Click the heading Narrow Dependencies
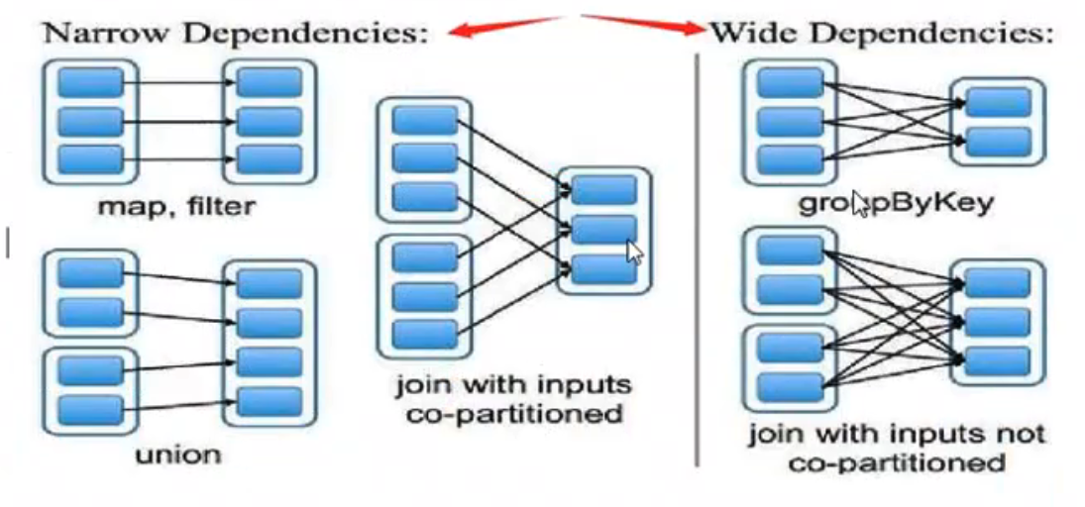point(236,33)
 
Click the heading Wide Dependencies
point(881,33)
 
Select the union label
point(178,455)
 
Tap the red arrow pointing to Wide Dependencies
point(644,23)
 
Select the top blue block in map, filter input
point(90,82)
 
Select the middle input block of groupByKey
point(789,121)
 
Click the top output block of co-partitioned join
point(603,190)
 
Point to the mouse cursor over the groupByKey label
point(859,205)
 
